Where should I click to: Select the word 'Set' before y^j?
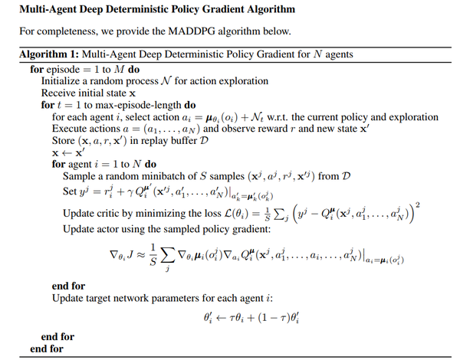[71, 191]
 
